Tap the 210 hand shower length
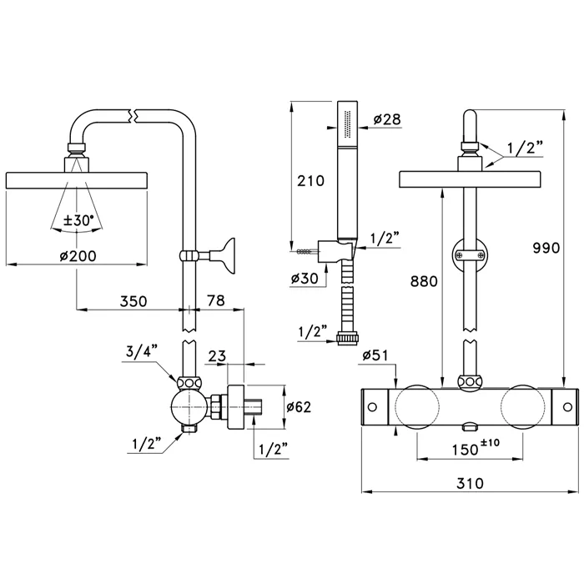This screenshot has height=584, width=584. (313, 179)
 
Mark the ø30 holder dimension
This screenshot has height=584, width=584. (305, 279)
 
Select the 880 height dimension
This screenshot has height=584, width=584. (424, 282)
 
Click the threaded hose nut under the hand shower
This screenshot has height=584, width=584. (346, 338)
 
